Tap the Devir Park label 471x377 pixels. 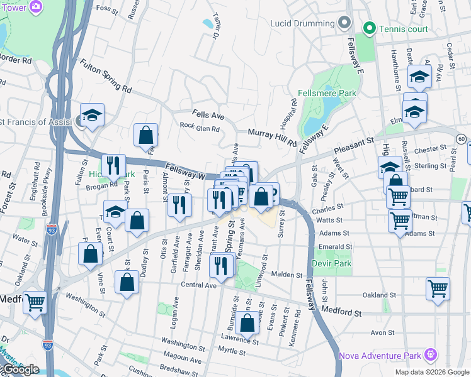point(331,264)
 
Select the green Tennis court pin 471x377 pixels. point(369,28)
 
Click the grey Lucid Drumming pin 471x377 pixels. point(344,23)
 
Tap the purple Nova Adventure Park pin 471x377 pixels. point(431,356)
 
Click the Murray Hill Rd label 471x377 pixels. point(272,138)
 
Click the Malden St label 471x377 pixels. point(287,275)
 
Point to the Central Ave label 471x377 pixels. point(198,285)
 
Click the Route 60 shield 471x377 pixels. point(462,138)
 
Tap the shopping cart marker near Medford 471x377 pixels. point(35,302)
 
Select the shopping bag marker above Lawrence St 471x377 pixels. point(248,323)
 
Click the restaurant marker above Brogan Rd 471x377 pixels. point(113,165)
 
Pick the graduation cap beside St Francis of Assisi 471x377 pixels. point(92,115)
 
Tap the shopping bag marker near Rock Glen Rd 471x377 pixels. point(145,134)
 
